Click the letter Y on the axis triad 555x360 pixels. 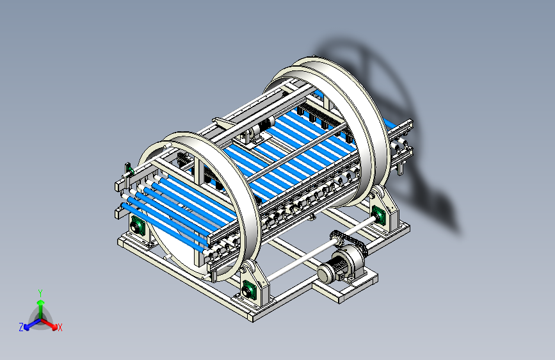coord(40,293)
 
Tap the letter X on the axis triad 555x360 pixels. coord(60,327)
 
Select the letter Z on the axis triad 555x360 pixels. coord(21,327)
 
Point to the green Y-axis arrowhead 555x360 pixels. coord(41,302)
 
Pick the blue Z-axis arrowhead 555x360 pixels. coord(27,327)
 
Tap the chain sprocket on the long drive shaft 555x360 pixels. coord(336,238)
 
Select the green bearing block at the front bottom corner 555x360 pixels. coord(249,291)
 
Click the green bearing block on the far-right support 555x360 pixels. coord(378,215)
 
